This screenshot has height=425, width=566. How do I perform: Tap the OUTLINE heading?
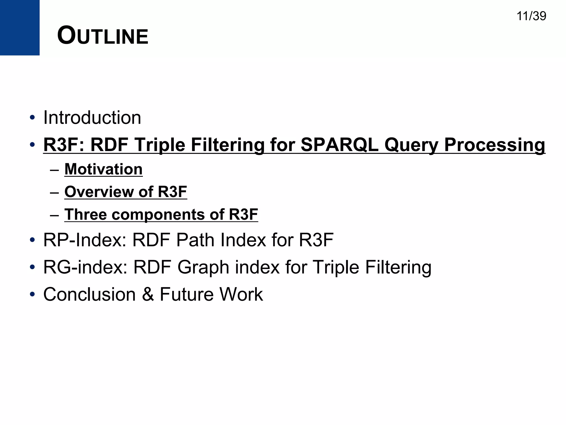[x=103, y=36]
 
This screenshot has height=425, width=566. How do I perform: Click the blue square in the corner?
[x=20, y=27]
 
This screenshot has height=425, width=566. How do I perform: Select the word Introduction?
[x=92, y=118]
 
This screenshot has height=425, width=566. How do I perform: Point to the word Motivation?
[x=103, y=169]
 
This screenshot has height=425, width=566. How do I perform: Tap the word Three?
[x=85, y=214]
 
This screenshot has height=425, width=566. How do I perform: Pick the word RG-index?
[x=85, y=267]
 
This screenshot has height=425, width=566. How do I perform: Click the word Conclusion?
[x=90, y=294]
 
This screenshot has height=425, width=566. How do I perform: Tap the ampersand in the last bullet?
[x=148, y=294]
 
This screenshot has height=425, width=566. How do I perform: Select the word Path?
[x=195, y=240]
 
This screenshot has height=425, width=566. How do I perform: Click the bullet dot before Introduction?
[x=32, y=118]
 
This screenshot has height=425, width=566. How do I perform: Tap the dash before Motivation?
[x=54, y=170]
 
